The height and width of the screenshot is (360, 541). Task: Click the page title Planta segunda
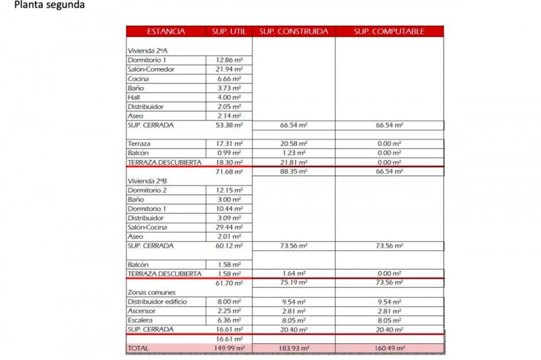click(x=49, y=5)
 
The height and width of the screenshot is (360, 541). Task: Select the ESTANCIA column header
click(x=166, y=31)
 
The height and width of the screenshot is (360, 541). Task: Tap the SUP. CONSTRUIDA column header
click(x=293, y=31)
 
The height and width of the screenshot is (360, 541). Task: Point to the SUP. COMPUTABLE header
click(x=389, y=31)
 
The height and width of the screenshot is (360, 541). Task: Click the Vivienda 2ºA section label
click(x=144, y=50)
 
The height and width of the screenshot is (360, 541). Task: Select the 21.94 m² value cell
click(x=229, y=69)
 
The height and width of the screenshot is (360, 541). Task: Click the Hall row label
click(x=134, y=97)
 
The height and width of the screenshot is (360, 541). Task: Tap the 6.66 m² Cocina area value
click(x=229, y=79)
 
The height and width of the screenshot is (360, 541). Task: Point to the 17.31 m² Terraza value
click(x=229, y=144)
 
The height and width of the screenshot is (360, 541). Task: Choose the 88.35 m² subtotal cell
click(x=293, y=171)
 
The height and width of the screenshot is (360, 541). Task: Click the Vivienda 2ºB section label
click(x=144, y=181)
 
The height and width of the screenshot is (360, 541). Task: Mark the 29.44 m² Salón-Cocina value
click(x=229, y=227)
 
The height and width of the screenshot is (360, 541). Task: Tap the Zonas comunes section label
click(x=151, y=292)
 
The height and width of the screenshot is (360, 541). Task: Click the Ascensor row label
click(x=142, y=311)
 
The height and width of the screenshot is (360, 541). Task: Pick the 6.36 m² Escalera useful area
click(x=229, y=320)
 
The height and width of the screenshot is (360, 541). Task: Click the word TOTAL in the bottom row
click(x=138, y=348)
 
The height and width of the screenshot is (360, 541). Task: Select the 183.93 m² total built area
click(x=293, y=348)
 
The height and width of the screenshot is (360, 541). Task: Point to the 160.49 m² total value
click(x=389, y=348)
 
